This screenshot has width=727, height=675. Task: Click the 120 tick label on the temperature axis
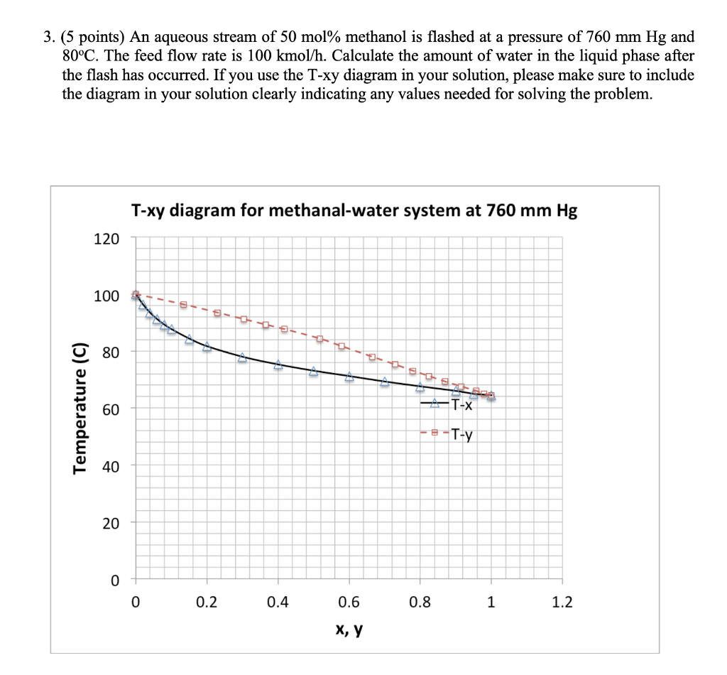point(107,238)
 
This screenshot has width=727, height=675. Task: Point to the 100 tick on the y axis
point(107,296)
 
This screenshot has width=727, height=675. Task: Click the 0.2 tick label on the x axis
point(207,603)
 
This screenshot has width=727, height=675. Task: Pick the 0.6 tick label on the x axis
point(349,603)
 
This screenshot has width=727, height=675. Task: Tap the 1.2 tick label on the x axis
point(562,603)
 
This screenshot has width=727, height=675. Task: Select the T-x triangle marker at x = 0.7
point(385,382)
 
